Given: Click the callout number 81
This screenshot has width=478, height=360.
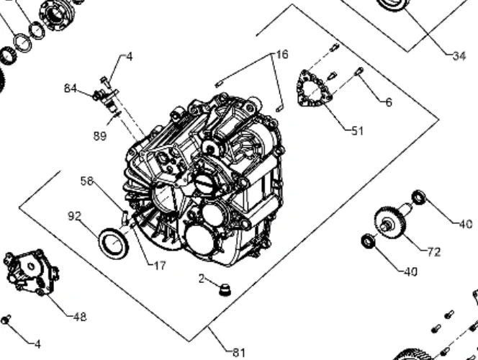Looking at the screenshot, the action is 239,353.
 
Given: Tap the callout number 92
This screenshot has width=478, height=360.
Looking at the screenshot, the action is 75,216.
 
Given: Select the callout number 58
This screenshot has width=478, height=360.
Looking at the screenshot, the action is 87,181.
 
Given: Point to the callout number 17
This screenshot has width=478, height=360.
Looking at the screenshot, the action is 160,266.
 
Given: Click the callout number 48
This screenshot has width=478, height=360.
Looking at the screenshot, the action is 80,317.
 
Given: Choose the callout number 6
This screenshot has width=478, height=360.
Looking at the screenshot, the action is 389,102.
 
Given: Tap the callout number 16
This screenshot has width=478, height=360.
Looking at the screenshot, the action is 282,55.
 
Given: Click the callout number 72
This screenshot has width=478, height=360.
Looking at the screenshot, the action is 434,252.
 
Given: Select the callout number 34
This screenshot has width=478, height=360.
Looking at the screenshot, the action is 459,56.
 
